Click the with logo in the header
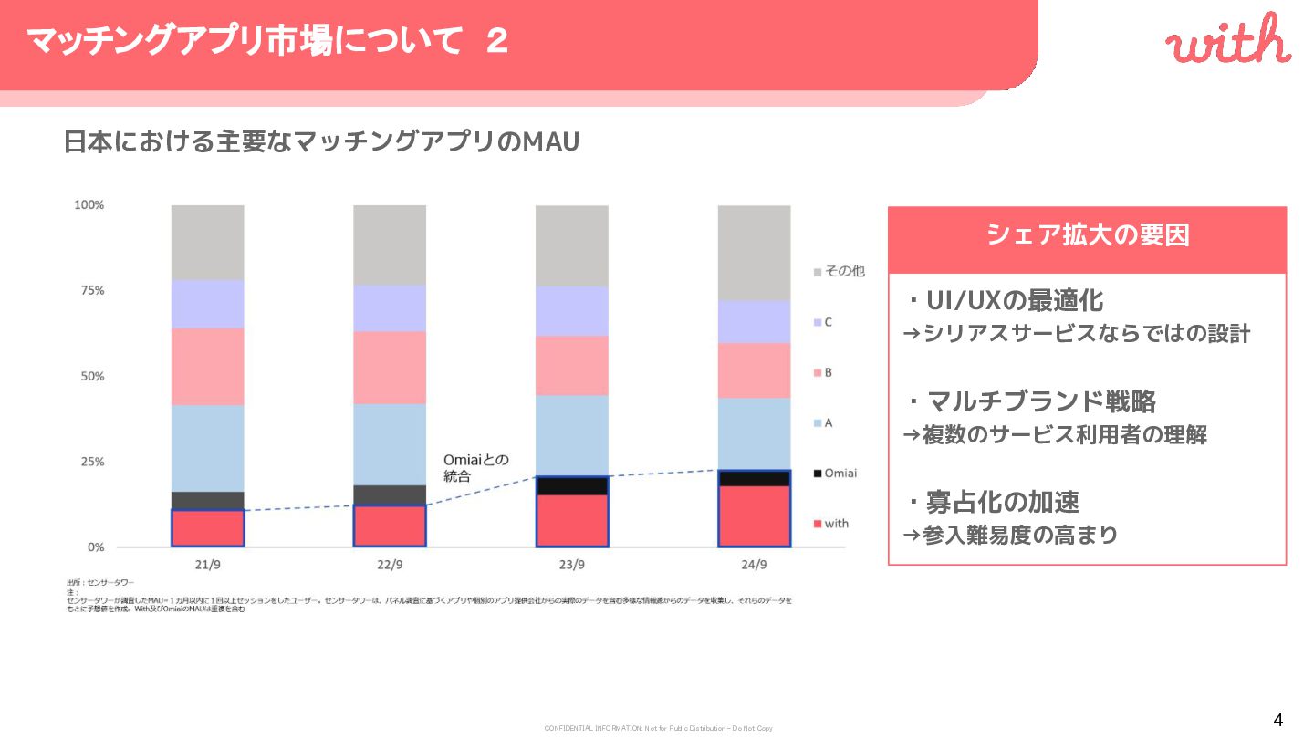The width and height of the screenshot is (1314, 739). [1227, 42]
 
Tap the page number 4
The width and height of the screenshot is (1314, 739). [1277, 720]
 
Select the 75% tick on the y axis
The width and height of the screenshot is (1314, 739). [89, 291]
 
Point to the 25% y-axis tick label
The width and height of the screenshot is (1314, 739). [89, 462]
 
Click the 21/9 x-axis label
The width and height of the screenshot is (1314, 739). [208, 565]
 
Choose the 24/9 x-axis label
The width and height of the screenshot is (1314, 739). [754, 565]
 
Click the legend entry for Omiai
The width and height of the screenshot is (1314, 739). [835, 473]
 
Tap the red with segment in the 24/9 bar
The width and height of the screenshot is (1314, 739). [754, 515]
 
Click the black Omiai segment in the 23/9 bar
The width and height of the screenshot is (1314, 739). [572, 485]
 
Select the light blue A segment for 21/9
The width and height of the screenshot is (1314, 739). [208, 448]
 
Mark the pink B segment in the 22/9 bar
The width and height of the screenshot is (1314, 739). [390, 367]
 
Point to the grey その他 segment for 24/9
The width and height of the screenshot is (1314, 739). [754, 252]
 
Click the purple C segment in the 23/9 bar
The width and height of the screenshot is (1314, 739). [572, 311]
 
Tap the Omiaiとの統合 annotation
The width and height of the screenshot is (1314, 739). [475, 467]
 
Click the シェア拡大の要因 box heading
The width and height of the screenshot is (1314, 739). [1087, 235]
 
